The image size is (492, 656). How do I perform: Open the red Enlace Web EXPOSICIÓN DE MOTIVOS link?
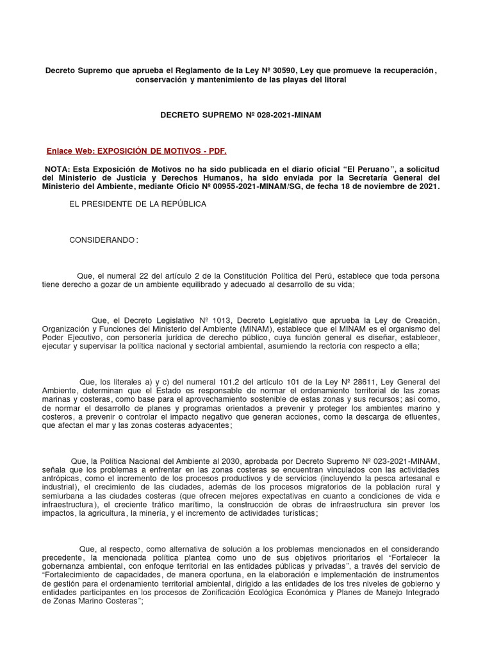[136, 151]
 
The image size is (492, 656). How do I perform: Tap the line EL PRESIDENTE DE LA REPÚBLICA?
[138, 204]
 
